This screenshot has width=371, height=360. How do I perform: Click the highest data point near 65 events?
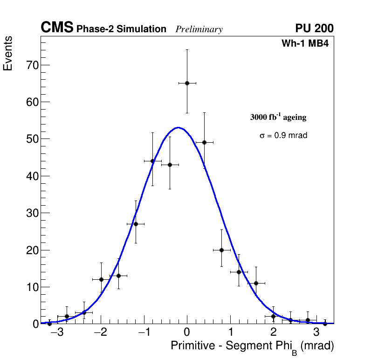coord(187,83)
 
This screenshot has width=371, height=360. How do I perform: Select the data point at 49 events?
coord(204,142)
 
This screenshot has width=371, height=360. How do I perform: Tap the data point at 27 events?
coord(136,224)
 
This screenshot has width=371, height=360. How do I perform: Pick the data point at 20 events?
coord(221,250)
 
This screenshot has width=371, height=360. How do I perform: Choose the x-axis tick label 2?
coord(273,333)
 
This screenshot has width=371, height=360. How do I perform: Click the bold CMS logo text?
coord(57,28)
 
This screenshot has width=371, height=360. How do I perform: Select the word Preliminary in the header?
coord(199,29)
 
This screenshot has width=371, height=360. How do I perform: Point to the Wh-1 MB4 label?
coord(305,44)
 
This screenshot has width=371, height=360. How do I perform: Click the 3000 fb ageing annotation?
coord(278,117)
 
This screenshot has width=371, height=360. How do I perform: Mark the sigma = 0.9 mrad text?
coord(283,136)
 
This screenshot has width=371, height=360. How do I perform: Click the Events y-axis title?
coord(8,53)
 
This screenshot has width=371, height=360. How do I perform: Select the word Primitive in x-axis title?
coord(190,346)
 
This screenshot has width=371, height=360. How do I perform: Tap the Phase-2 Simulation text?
coord(121,29)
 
